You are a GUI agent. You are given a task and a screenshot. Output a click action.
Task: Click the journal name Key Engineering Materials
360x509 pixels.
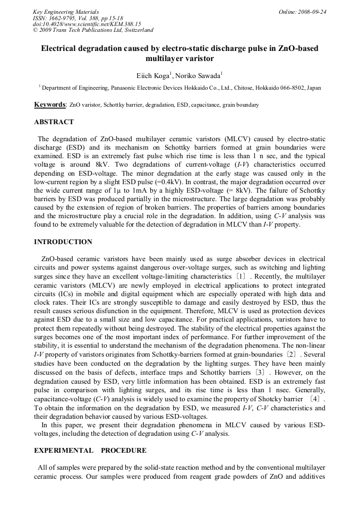tap(66, 11)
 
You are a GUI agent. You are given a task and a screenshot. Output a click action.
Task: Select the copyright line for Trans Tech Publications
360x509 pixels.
tap(93, 30)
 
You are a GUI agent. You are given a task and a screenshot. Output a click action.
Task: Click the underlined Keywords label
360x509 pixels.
tap(50, 105)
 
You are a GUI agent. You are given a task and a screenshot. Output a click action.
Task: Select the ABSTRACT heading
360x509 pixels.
tap(54, 122)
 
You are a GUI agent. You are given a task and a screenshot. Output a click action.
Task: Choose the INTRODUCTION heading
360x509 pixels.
tap(63, 242)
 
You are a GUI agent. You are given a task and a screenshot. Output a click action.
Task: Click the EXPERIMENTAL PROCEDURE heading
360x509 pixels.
tap(90, 451)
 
